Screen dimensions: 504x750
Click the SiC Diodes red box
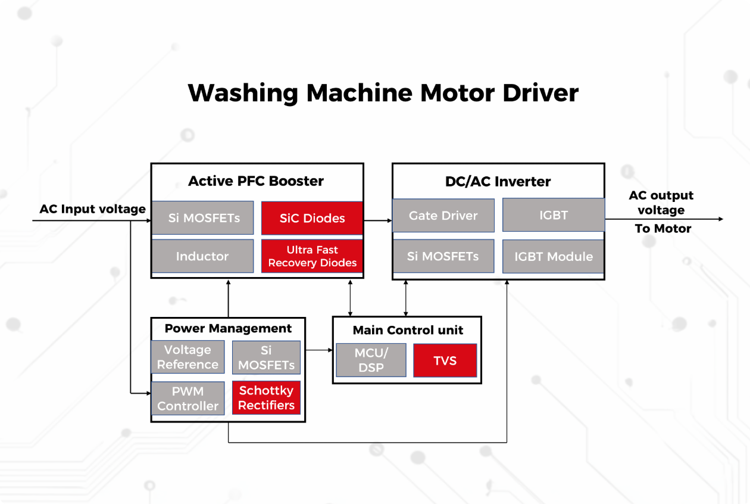[312, 218]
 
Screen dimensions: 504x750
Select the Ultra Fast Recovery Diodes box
[312, 256]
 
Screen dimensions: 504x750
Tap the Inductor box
[202, 256]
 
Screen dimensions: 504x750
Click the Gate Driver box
[443, 216]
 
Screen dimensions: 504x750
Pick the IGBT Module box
[554, 256]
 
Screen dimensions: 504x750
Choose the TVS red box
[445, 360]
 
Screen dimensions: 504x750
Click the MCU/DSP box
[371, 360]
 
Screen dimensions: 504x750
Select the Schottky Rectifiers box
[266, 398]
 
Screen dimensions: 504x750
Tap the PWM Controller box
[187, 399]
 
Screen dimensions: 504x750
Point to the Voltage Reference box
[187, 357]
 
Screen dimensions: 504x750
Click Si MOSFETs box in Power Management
[266, 357]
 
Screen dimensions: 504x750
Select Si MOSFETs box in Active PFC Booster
[204, 218]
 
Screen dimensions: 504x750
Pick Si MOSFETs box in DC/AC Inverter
[443, 256]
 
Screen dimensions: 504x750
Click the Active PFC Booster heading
[256, 181]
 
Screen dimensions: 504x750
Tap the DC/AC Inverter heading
[498, 182]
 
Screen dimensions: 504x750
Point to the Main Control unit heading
[408, 330]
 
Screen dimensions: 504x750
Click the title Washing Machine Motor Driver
[383, 93]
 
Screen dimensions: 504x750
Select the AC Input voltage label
[92, 209]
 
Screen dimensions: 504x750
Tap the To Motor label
[662, 229]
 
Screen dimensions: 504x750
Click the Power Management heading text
[228, 328]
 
